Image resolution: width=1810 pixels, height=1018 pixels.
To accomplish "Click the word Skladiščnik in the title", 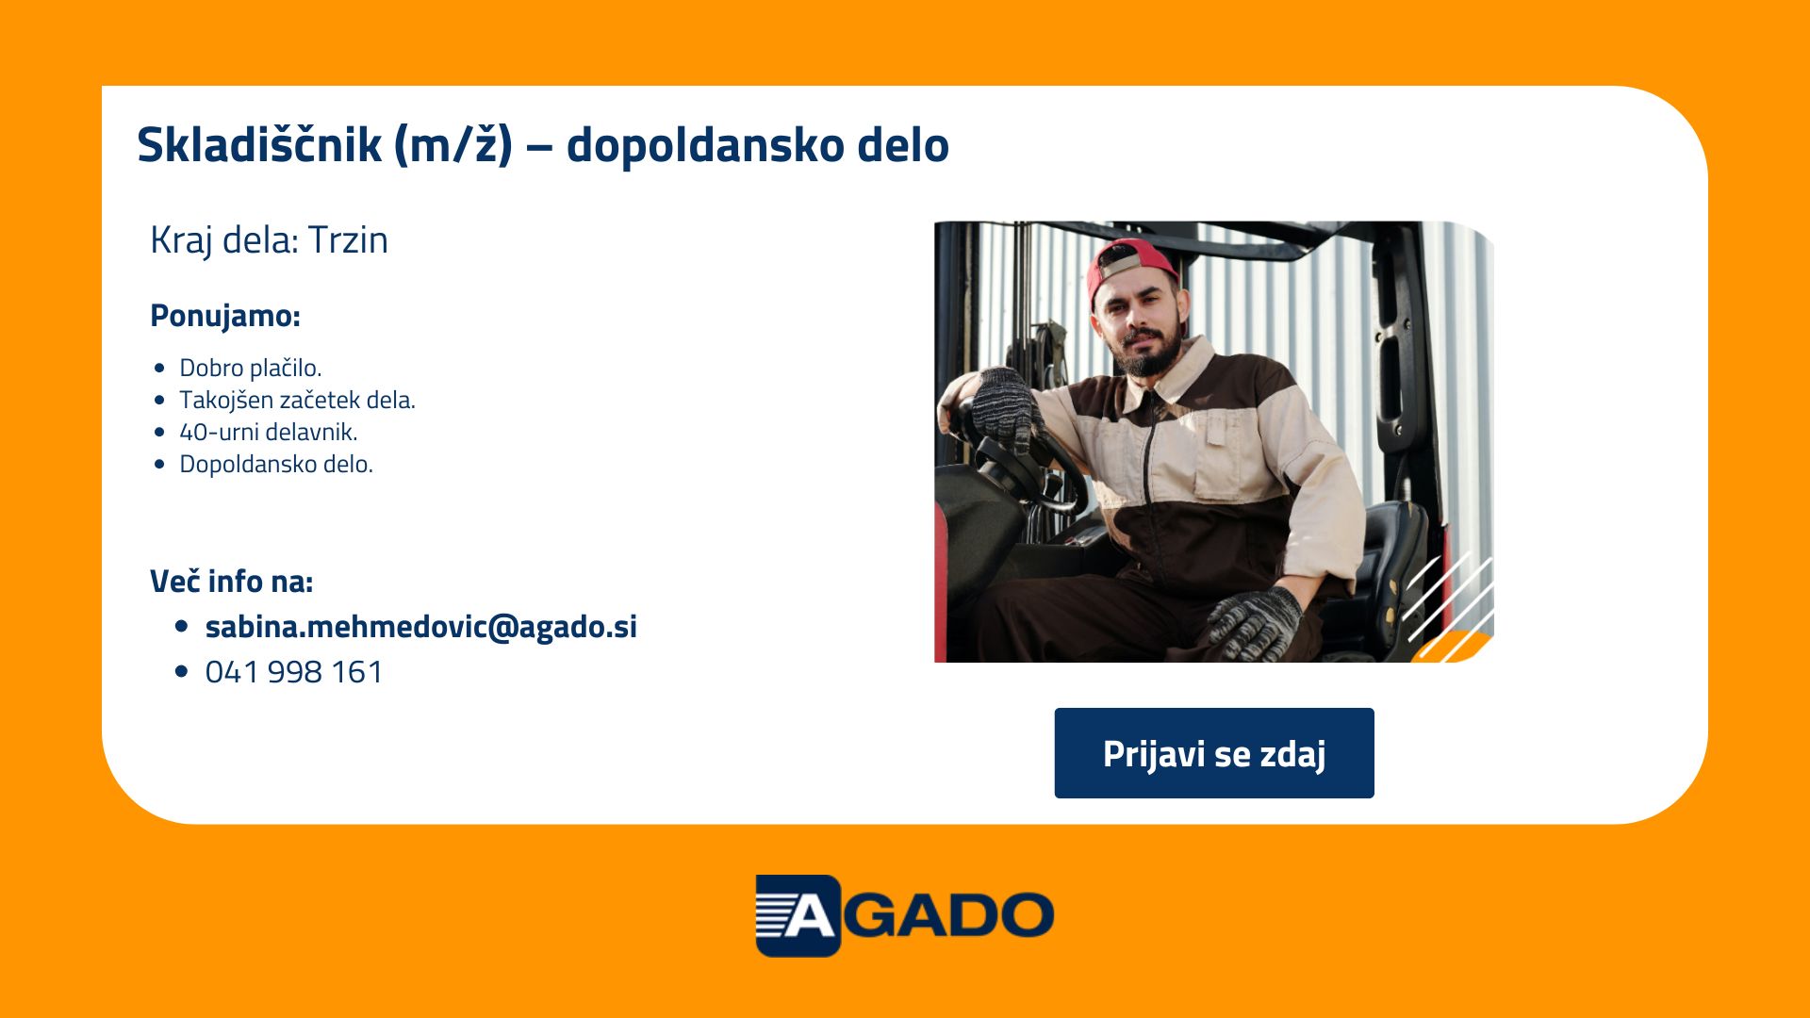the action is point(259,145).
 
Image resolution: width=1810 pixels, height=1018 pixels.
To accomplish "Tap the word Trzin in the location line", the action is point(348,240).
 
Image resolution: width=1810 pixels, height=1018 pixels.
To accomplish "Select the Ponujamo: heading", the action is point(225,316).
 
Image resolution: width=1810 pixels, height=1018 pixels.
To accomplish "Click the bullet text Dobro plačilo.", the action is point(251,368).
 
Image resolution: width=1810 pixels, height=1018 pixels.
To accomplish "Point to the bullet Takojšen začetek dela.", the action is point(297,400).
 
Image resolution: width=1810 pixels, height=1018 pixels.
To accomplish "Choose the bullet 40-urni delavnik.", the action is point(269,432).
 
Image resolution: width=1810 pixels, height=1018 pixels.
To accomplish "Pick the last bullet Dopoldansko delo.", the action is point(276,464).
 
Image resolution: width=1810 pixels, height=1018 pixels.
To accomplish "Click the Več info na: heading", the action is point(232,582).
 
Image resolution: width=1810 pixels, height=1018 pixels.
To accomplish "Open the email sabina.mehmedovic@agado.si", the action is point(421,627).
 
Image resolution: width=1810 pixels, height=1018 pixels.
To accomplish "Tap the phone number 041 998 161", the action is point(294,672).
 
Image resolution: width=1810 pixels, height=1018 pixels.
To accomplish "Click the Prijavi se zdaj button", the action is point(1214,753).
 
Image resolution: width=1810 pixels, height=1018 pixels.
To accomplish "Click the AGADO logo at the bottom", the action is point(905,915).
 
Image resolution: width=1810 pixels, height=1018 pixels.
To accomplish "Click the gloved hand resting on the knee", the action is point(1254,623).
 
